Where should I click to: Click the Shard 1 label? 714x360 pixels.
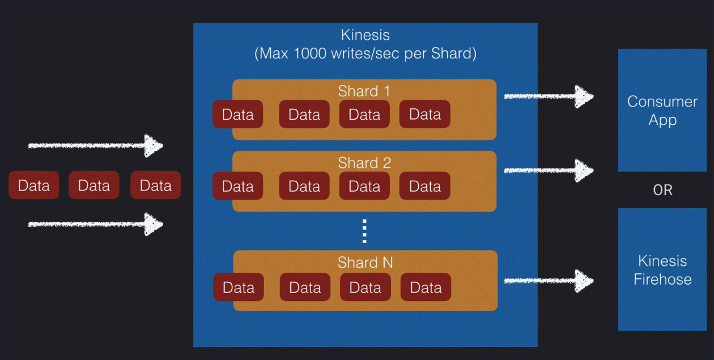tap(364, 91)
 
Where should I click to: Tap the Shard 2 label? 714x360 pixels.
tap(364, 163)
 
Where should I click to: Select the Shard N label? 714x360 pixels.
tap(365, 262)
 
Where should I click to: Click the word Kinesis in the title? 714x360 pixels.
tap(365, 35)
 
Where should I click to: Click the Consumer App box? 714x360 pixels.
tap(662, 111)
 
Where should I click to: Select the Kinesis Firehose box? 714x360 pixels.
tap(662, 270)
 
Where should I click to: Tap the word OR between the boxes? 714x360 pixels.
tap(662, 190)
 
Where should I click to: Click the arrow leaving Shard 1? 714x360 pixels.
tap(548, 96)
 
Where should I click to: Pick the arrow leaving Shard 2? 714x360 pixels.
tap(548, 170)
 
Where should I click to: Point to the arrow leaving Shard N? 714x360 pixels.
tap(548, 280)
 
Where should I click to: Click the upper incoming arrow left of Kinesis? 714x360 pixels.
tap(95, 146)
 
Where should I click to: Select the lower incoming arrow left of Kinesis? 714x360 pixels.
tap(95, 225)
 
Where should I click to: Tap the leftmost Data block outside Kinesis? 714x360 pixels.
tap(33, 185)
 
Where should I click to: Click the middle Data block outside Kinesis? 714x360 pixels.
tap(94, 185)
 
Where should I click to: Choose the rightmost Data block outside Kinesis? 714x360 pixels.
tap(155, 185)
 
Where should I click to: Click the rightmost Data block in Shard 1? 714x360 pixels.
tap(425, 115)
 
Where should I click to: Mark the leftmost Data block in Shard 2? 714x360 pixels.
tap(237, 186)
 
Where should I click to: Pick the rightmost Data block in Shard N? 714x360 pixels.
tap(426, 287)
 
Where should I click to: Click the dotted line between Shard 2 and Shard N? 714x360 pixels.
tap(364, 231)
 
